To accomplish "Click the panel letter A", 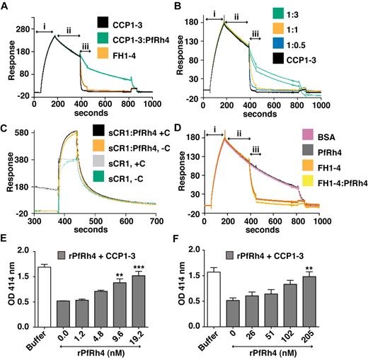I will click(x=5, y=6).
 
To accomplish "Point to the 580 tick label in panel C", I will click(x=21, y=132).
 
